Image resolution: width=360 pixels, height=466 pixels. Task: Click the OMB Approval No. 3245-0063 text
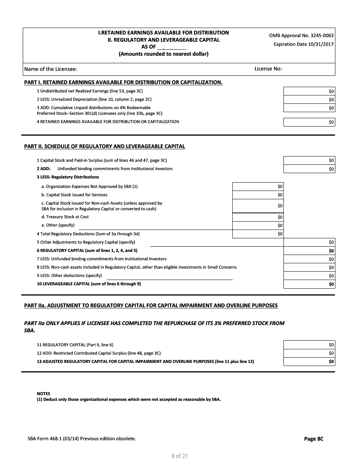301,36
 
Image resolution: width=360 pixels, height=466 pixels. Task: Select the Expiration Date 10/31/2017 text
304,44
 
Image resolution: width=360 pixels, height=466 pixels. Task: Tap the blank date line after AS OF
172,47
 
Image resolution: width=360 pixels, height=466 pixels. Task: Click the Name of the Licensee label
51,69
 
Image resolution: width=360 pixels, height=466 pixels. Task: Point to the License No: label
268,69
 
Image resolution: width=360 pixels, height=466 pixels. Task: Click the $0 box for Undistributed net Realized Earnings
309,91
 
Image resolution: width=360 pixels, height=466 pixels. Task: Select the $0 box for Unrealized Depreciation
309,100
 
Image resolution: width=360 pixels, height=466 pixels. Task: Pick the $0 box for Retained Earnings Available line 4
309,122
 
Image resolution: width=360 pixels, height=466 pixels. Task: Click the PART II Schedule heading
105,146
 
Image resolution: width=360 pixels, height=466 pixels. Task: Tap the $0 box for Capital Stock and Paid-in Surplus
309,161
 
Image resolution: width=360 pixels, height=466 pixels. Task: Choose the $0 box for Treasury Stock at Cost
258,217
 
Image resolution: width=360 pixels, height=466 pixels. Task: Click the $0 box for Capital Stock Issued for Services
258,195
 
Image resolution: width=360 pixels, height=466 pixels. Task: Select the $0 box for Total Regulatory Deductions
258,234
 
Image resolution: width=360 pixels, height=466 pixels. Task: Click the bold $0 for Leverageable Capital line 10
309,284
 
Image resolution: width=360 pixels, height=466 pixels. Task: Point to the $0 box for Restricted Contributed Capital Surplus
309,353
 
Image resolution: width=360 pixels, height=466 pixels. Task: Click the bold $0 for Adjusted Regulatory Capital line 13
309,361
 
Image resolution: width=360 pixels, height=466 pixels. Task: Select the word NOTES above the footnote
43,394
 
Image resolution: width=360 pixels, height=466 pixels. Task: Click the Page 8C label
314,439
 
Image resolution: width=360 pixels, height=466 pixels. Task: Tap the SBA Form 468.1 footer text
82,439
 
